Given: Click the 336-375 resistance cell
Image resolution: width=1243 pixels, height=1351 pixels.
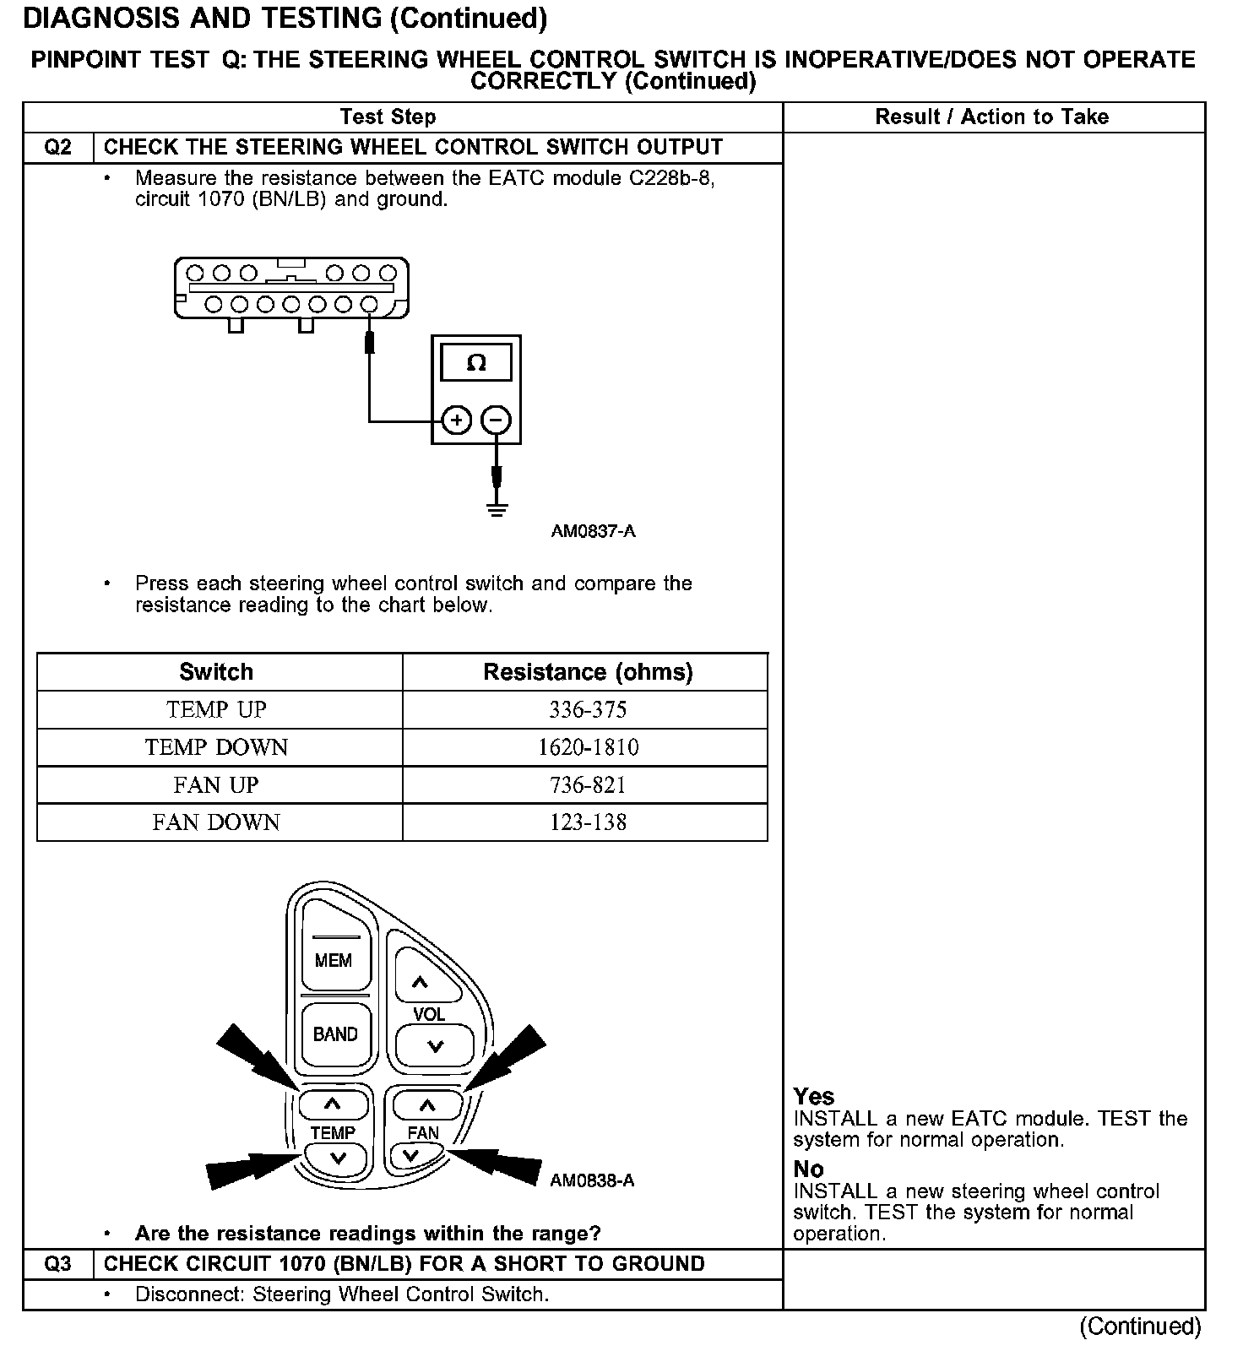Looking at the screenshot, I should pyautogui.click(x=588, y=710).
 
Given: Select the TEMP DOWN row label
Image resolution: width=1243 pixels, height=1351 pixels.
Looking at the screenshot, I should pyautogui.click(x=216, y=747).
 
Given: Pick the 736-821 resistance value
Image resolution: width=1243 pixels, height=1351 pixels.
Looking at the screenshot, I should pyautogui.click(x=588, y=785).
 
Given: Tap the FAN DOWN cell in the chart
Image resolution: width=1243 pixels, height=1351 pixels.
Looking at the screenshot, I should pyautogui.click(x=216, y=822).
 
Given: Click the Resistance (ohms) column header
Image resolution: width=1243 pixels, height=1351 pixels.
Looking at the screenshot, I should pyautogui.click(x=588, y=672).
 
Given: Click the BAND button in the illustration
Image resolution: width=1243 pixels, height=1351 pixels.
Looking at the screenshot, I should pyautogui.click(x=335, y=1034).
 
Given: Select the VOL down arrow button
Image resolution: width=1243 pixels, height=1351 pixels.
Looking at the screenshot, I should pyautogui.click(x=435, y=1047).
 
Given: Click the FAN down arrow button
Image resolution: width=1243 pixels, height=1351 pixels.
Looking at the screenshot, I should pyautogui.click(x=411, y=1155).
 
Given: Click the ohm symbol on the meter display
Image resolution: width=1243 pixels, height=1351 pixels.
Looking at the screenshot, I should pyautogui.click(x=476, y=363).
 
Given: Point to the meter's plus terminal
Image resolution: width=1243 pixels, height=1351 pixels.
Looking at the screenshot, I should pyautogui.click(x=457, y=420).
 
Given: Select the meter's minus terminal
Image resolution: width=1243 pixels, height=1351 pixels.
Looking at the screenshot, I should pyautogui.click(x=497, y=420).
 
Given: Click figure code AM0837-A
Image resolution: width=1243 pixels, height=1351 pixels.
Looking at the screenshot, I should pyautogui.click(x=593, y=532).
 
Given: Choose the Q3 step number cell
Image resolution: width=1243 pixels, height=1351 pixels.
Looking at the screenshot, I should pyautogui.click(x=57, y=1264).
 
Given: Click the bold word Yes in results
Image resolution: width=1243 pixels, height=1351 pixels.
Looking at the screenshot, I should pyautogui.click(x=814, y=1097).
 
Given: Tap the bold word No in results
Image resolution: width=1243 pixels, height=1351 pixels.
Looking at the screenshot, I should pyautogui.click(x=808, y=1169).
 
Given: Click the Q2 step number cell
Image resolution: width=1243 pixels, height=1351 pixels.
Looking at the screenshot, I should pyautogui.click(x=57, y=148).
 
